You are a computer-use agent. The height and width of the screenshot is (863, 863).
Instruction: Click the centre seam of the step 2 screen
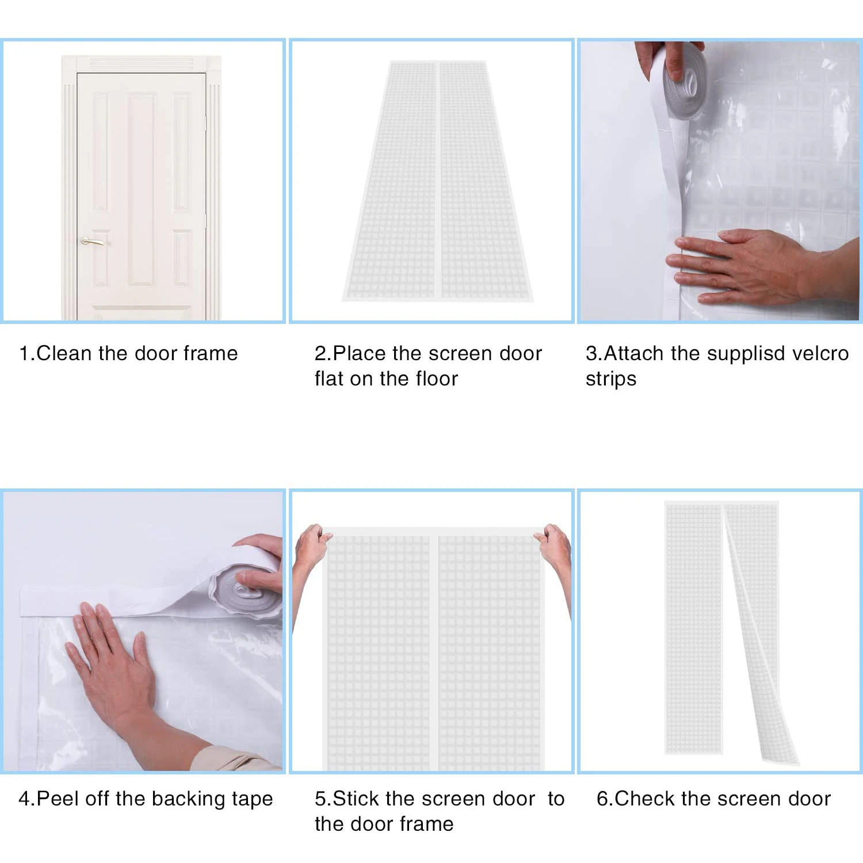[x=438, y=180]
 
